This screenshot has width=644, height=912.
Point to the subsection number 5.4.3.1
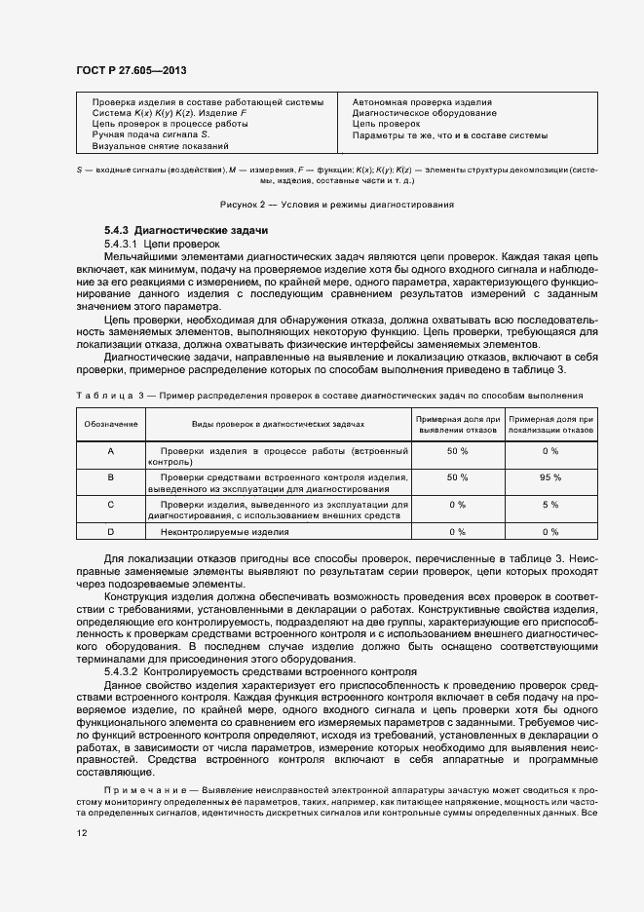[x=121, y=243]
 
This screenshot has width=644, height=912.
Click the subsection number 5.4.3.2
[x=121, y=672]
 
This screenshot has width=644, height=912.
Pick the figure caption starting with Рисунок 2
[x=336, y=204]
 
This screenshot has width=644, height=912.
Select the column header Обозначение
[x=110, y=425]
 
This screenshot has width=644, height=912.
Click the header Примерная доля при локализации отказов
[x=549, y=425]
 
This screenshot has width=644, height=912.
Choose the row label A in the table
[x=110, y=452]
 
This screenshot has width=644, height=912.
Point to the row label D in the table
[x=110, y=532]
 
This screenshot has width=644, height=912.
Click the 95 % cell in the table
[x=549, y=477]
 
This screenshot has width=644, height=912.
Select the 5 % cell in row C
[x=549, y=505]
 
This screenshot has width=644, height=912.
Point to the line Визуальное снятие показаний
[x=160, y=146]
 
